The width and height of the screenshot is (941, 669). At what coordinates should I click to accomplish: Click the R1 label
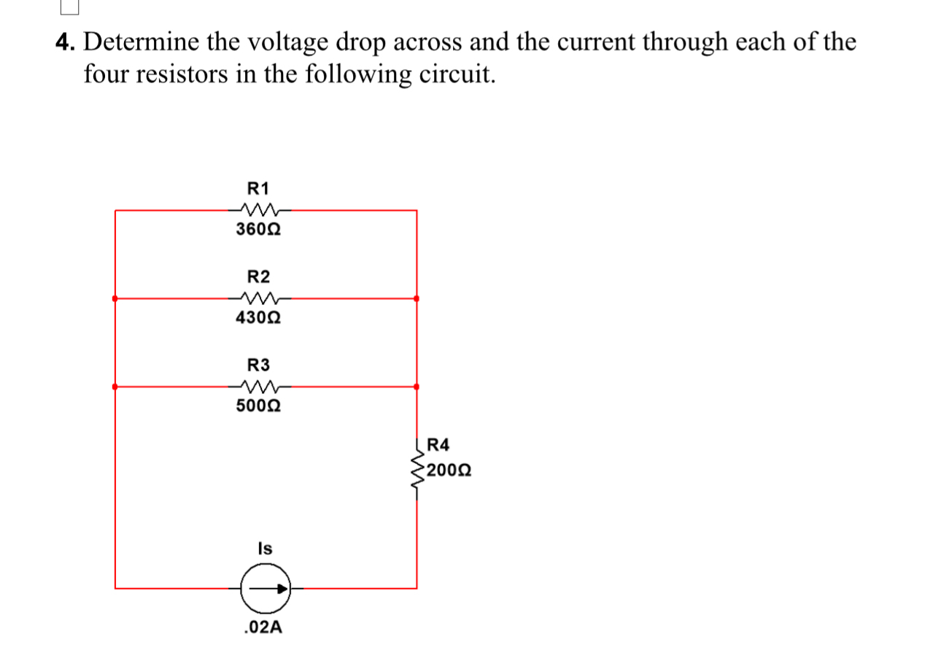pos(258,188)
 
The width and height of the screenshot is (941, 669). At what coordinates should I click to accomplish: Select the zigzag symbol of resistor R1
pos(259,209)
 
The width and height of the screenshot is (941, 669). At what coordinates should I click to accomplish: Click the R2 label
pos(258,277)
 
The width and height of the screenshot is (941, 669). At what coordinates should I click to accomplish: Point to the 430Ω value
pos(259,318)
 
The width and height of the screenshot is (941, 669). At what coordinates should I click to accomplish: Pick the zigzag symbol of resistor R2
pos(259,298)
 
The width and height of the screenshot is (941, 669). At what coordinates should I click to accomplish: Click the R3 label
pos(258,364)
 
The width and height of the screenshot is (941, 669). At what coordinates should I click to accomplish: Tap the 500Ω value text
pos(259,406)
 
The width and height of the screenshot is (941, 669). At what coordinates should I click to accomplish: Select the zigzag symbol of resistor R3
pos(259,386)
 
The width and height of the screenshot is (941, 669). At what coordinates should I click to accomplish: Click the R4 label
pos(439,444)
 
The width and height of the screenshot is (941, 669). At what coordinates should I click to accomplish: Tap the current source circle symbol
pos(266,587)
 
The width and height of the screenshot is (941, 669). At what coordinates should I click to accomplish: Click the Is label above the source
pos(265,548)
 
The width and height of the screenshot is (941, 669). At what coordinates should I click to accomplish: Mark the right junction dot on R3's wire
pos(417,386)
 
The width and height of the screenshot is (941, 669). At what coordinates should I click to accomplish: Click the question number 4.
pos(66,42)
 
